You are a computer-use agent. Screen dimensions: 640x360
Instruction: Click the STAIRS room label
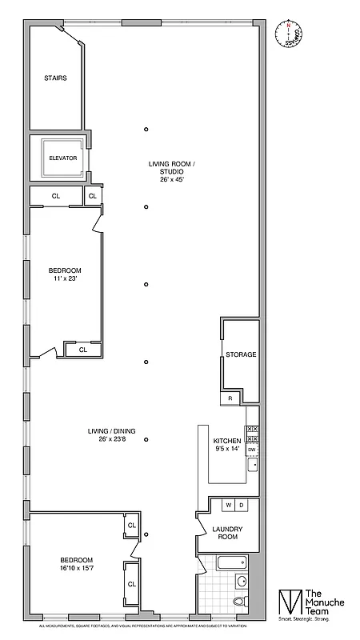(x=55, y=78)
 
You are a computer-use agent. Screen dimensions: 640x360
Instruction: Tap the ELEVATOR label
(x=62, y=158)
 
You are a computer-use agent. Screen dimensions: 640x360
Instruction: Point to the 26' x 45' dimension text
(x=172, y=179)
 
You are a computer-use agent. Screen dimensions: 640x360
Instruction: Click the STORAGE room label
(x=241, y=354)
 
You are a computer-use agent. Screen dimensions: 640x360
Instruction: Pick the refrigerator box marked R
(x=230, y=398)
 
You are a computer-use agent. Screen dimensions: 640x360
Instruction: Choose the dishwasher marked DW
(x=251, y=450)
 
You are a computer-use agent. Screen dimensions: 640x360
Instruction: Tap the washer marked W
(x=228, y=506)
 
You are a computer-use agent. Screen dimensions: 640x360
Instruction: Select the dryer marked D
(x=242, y=506)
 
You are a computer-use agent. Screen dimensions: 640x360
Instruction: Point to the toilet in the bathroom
(x=241, y=601)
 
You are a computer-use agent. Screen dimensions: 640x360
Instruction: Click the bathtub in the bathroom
(x=232, y=562)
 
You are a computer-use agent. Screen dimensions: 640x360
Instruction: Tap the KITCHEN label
(x=227, y=441)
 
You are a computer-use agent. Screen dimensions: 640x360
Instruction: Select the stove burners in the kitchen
(x=251, y=434)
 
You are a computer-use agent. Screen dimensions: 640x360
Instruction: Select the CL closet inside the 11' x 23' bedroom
(x=82, y=350)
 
